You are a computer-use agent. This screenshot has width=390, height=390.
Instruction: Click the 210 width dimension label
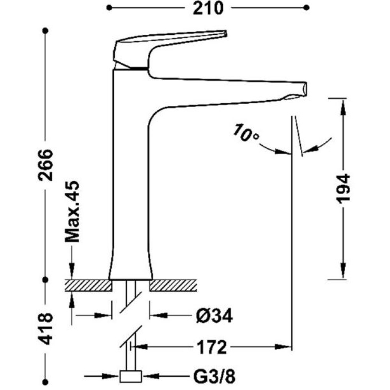(x=208, y=8)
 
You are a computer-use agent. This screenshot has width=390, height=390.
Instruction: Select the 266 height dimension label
(x=46, y=165)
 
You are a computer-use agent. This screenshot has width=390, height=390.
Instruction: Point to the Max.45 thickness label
(x=72, y=211)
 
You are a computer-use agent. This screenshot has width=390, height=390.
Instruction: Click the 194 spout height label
(x=343, y=189)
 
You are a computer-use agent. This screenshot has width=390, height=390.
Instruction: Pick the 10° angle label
(x=246, y=133)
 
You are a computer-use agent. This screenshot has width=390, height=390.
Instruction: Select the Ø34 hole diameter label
(x=214, y=316)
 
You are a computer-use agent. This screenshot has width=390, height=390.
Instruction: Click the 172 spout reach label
(x=212, y=347)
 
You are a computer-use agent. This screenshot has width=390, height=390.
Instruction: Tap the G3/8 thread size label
(x=214, y=377)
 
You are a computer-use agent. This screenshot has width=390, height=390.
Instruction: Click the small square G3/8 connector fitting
(x=131, y=376)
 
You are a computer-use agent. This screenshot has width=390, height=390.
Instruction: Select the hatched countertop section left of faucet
(x=88, y=285)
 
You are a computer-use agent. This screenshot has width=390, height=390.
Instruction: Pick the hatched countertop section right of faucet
(x=173, y=285)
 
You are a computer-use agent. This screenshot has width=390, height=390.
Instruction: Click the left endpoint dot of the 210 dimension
(x=109, y=8)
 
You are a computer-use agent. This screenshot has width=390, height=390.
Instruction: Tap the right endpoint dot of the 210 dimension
(x=307, y=8)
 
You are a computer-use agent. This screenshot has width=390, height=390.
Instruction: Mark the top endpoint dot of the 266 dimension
(x=45, y=31)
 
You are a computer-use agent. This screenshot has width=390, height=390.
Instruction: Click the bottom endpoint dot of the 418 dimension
(x=45, y=382)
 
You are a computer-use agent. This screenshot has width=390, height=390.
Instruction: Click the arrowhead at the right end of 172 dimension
(x=283, y=347)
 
